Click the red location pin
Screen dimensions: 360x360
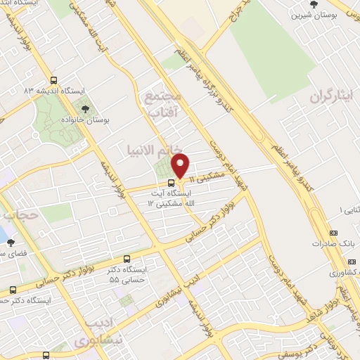coord(181,166)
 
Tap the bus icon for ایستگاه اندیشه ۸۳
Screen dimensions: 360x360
coord(54,79)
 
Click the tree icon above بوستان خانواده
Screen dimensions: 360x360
coord(85,109)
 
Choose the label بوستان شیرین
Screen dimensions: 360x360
coord(308,14)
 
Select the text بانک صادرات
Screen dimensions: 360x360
coord(335,243)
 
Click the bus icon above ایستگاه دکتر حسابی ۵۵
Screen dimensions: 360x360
coord(127,259)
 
